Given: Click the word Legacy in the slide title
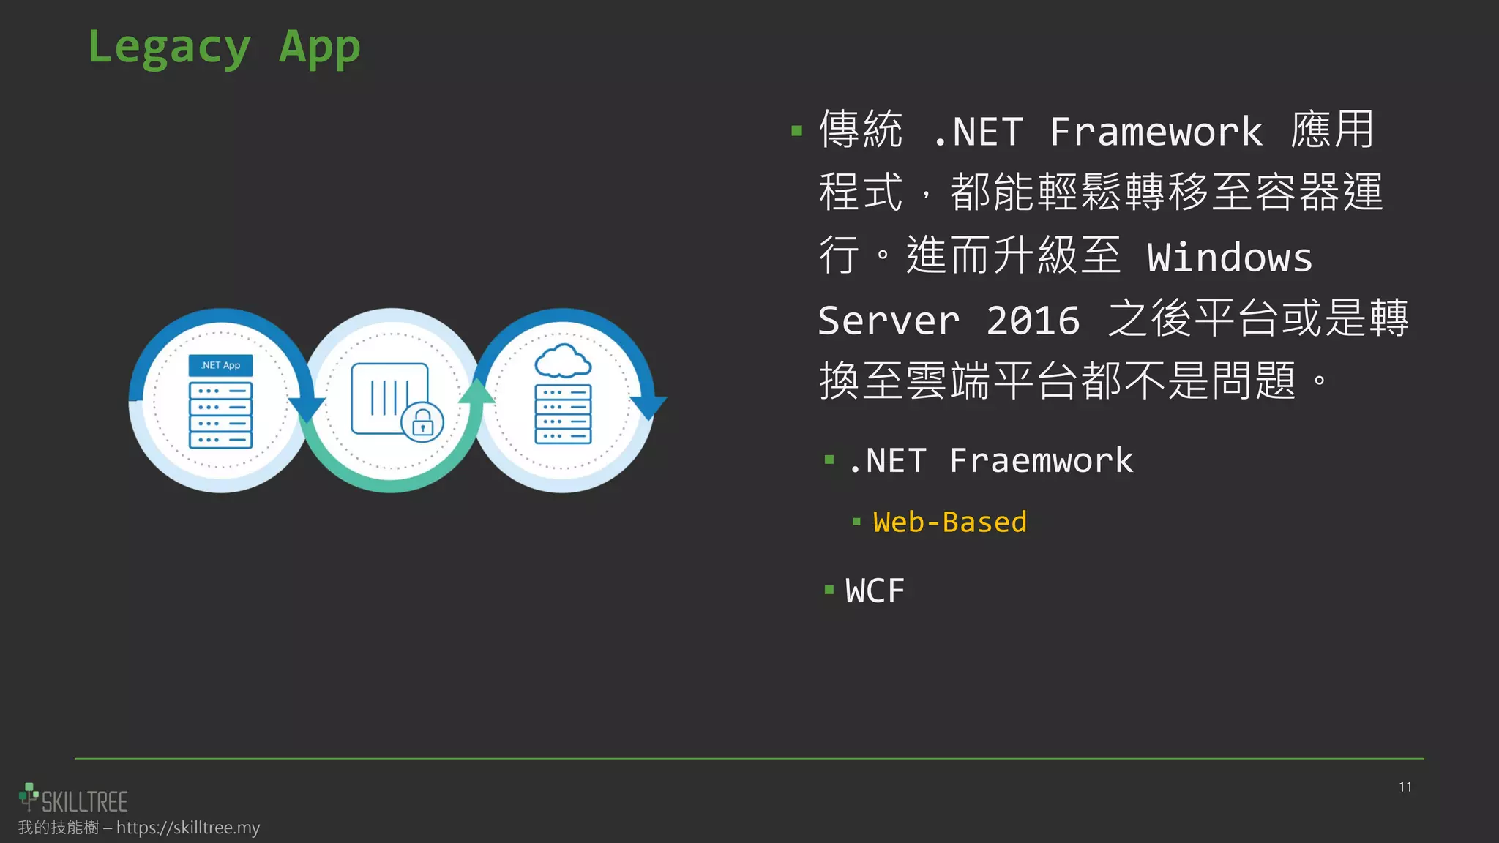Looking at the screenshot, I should point(169,48).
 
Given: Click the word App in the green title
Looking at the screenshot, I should point(320,48).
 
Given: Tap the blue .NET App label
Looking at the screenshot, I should point(220,365).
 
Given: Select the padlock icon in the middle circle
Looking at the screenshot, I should point(422,423).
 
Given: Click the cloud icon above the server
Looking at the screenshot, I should point(562,361).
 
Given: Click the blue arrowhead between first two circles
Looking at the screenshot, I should point(307,408).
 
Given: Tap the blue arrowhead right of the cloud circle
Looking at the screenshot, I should point(648,406).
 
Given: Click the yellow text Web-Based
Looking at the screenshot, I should point(949,522).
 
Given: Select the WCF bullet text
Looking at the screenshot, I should point(875,591).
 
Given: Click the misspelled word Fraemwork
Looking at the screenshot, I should point(1041,461).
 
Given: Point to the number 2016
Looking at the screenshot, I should point(1033,321).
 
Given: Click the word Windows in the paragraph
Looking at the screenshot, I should point(1230,258).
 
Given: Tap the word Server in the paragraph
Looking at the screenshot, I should point(889,321).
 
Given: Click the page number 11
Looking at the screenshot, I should point(1405,787).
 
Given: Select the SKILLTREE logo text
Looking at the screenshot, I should point(84,802).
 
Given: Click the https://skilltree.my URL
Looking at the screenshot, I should point(188,828).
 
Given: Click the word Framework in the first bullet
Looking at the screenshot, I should point(1156,132).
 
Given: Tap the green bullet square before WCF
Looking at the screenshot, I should point(829,590).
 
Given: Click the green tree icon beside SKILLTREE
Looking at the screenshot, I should point(28,796).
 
